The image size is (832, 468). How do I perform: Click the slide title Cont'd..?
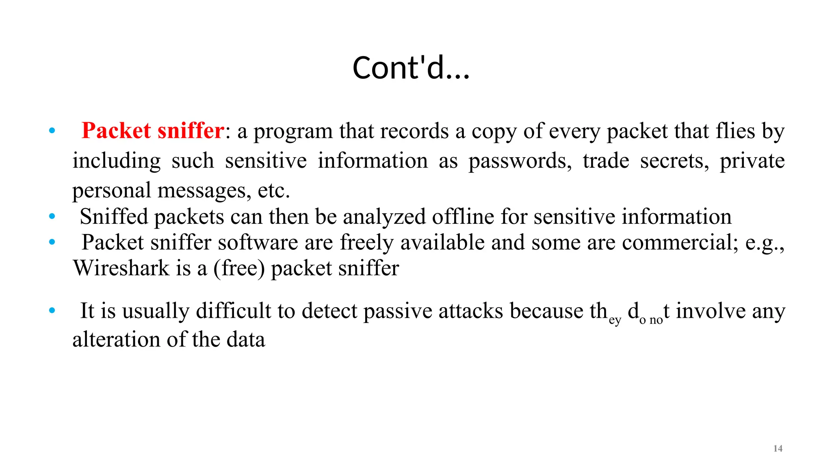[411, 67]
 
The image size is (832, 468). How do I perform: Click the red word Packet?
[116, 131]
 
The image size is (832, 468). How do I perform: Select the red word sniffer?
[191, 131]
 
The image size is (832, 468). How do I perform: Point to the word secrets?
[674, 161]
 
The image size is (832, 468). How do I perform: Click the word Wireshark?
[121, 268]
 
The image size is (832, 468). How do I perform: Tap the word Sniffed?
[114, 217]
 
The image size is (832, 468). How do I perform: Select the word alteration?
[116, 340]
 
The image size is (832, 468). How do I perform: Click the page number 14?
[778, 448]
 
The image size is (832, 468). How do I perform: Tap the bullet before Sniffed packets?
[52, 217]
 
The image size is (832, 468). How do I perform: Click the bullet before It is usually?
[52, 311]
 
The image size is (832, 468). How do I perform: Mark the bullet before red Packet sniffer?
[52, 131]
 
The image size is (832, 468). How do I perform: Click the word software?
[258, 243]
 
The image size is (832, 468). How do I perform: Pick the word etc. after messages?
[274, 191]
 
